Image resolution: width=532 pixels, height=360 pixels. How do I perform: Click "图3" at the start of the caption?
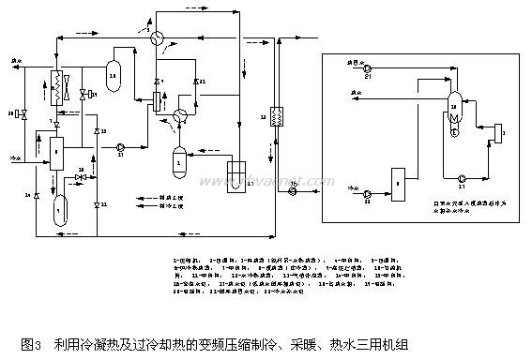pos(30,344)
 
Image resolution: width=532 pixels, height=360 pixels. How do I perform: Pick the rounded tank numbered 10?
pos(114,75)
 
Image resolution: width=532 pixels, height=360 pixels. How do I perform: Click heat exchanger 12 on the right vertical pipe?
pos(277,117)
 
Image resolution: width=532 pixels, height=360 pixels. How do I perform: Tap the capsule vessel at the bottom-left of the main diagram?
pos(58,212)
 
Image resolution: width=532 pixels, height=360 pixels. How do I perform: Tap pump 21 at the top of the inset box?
pos(368,69)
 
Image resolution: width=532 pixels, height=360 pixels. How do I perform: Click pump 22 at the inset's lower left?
pos(368,197)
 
